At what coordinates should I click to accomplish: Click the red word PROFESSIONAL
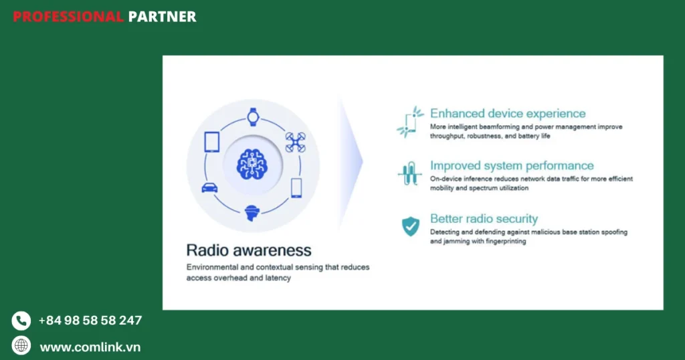click(68, 17)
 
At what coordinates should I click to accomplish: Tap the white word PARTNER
click(162, 17)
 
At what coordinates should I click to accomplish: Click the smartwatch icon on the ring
click(253, 117)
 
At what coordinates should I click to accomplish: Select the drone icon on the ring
click(295, 143)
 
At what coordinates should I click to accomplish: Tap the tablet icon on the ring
click(212, 142)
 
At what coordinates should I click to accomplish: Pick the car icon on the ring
click(209, 188)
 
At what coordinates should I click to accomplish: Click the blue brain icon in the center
click(252, 164)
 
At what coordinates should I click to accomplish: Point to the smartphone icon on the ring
click(296, 188)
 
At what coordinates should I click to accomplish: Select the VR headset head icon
click(252, 213)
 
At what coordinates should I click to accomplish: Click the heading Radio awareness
click(249, 250)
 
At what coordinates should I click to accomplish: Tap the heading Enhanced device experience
click(508, 114)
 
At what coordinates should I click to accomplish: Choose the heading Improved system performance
click(512, 165)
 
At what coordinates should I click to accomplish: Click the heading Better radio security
click(484, 218)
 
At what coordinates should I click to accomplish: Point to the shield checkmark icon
click(411, 226)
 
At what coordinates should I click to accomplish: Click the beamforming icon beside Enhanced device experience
click(410, 122)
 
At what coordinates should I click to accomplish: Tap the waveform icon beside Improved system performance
click(410, 173)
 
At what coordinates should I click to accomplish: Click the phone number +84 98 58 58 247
click(90, 321)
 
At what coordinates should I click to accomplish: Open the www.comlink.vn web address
click(90, 347)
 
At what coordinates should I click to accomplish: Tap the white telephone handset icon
click(21, 321)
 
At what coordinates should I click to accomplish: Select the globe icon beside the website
click(21, 345)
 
